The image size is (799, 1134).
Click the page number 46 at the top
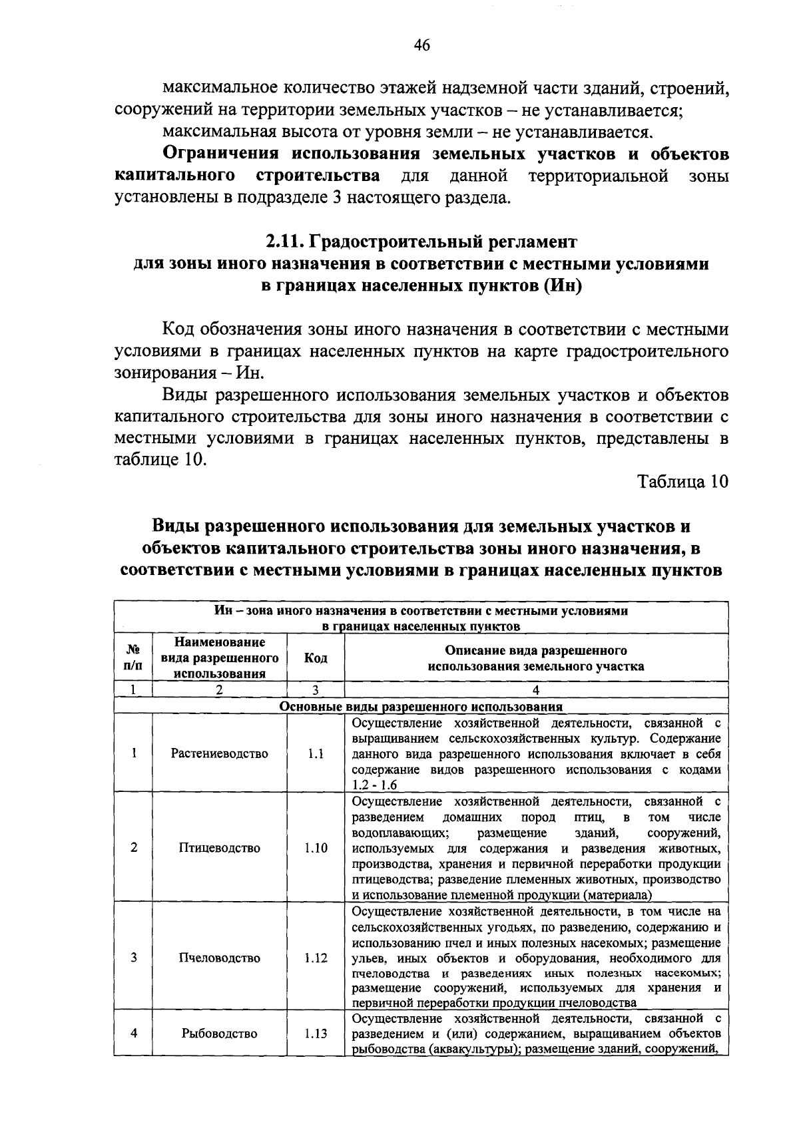coord(421,45)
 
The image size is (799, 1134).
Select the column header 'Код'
coord(316,658)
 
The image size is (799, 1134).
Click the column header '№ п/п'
coord(133,658)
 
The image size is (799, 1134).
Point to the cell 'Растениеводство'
coord(219,753)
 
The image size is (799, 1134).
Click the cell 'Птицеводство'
coord(219,848)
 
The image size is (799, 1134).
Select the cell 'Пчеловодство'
coord(219,958)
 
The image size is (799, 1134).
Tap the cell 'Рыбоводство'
coord(219,1052)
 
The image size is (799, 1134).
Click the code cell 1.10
coord(316,848)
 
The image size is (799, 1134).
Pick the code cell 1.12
coord(316,958)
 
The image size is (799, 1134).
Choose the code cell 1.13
coord(316,1052)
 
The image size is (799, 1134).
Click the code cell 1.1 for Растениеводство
coord(316,753)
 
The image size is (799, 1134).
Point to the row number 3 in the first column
coord(133,958)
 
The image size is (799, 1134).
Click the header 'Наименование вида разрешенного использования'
coord(219,658)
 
